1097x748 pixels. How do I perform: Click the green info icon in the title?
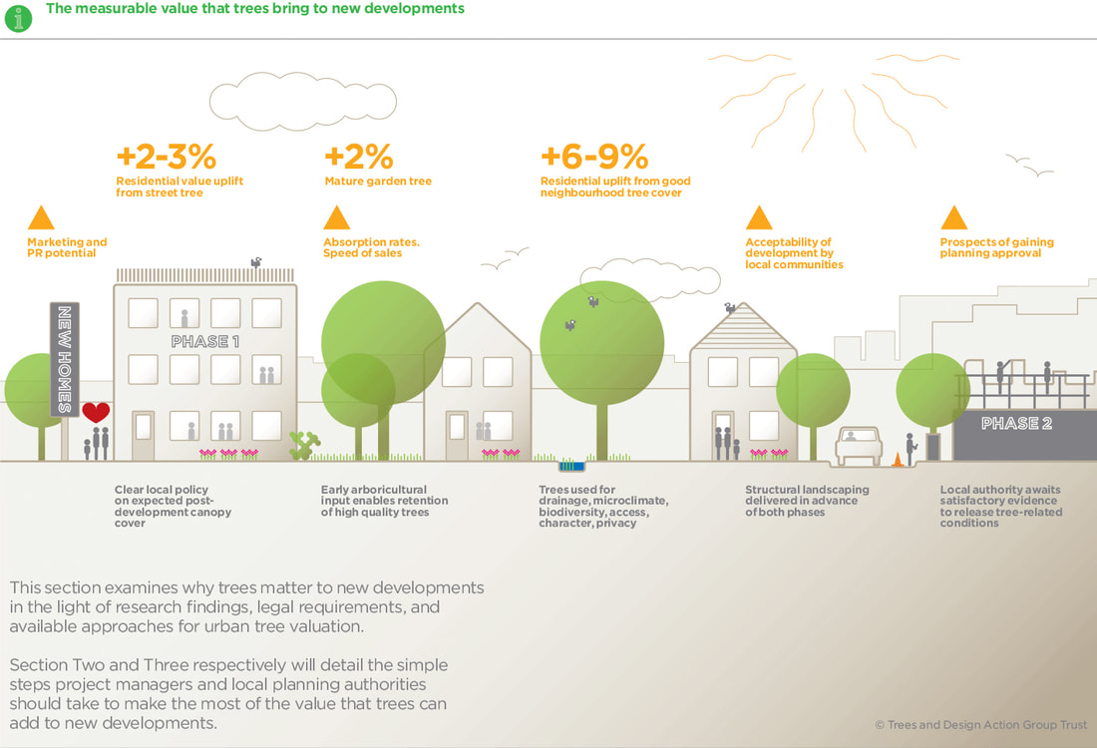click(18, 16)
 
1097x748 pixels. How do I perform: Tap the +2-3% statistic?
click(166, 157)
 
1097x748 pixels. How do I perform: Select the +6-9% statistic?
click(594, 157)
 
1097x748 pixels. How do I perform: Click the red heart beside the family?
click(96, 412)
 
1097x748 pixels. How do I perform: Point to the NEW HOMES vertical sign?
click(64, 360)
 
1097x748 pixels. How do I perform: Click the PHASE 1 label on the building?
click(204, 341)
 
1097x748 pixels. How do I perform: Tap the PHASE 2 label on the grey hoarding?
click(1016, 423)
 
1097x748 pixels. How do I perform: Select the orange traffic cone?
click(897, 459)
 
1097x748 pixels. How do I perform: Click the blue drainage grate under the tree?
click(571, 465)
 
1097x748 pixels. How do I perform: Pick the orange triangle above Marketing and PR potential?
click(41, 217)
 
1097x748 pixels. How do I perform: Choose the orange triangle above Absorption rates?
click(337, 217)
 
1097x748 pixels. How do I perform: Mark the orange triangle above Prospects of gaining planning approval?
click(954, 217)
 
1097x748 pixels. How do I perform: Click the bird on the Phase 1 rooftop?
click(256, 262)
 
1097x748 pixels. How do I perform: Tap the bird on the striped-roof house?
click(730, 308)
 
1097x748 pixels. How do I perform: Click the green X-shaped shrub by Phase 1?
click(303, 445)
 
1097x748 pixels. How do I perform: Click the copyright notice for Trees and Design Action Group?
click(980, 725)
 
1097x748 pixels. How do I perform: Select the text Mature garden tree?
click(378, 182)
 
